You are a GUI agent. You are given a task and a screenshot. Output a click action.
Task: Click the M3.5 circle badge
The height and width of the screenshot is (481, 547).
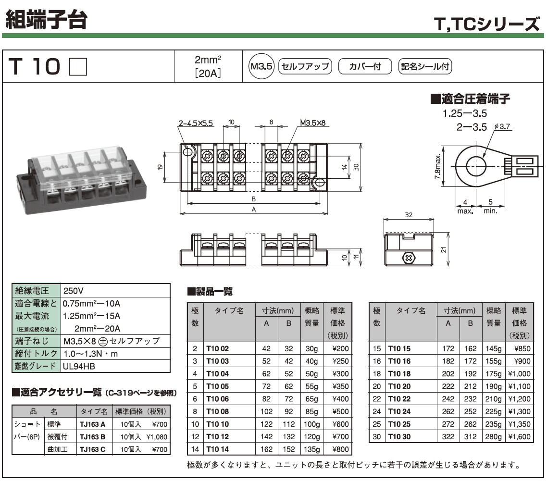point(261,66)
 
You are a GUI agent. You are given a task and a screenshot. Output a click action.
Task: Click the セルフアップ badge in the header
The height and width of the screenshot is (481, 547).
point(306,66)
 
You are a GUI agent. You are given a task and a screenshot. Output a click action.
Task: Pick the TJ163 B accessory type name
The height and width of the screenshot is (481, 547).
point(92,437)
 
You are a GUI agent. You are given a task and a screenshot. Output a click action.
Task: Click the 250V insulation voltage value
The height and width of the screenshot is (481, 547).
point(74,291)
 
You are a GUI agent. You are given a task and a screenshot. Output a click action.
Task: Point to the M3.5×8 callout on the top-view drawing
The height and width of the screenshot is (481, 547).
point(313,123)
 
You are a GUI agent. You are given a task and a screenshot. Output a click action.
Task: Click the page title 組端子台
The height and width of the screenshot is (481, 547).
point(47,18)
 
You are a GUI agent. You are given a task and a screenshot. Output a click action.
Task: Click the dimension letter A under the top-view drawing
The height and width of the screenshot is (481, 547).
point(253,210)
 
